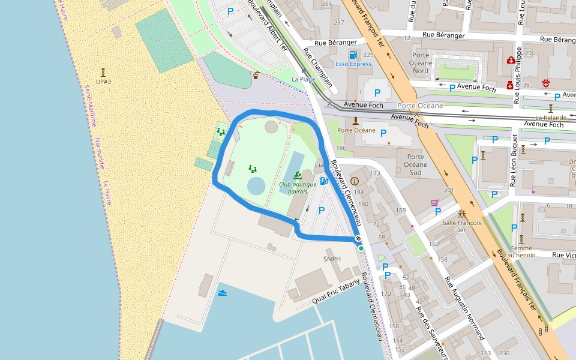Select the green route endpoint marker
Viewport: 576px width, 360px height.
pos(361,248)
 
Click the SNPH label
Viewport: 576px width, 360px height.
pos(332,259)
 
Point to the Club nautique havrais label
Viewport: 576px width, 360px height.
pos(298,188)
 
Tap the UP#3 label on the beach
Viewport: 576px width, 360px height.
pos(103,82)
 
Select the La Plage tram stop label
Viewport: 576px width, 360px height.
pos(303,79)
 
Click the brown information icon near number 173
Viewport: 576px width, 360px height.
pos(354,181)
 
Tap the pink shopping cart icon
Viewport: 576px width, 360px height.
pos(435,203)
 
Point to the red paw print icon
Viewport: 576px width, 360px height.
pos(546,82)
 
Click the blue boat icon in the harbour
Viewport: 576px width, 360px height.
pos(223,293)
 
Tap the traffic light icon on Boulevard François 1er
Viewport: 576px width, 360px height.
pos(544,330)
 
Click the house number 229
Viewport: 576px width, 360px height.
pos(368,55)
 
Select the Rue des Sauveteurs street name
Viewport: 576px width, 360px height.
pos(432,329)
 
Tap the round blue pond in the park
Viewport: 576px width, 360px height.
pos(256,186)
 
